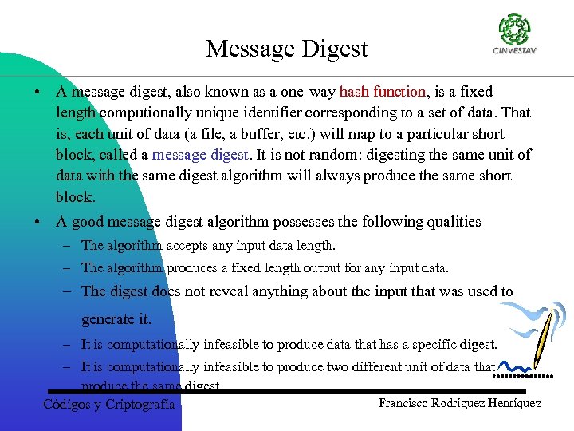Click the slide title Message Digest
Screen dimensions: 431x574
coord(287,49)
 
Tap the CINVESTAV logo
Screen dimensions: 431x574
coord(514,35)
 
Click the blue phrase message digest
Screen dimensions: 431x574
coord(200,155)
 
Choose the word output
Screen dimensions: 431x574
coord(313,268)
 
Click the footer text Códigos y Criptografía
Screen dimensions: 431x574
coord(109,404)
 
